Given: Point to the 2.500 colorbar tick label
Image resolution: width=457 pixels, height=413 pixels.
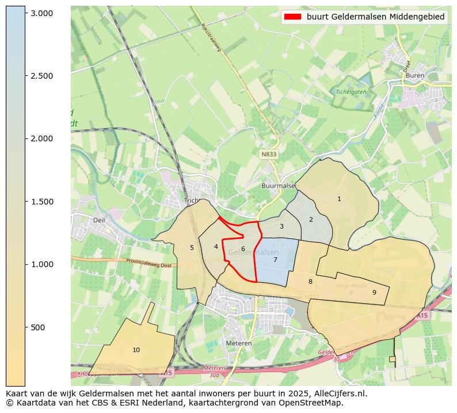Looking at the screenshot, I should click(x=41, y=76).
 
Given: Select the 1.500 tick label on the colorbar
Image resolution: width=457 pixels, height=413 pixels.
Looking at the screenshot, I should click(x=41, y=202).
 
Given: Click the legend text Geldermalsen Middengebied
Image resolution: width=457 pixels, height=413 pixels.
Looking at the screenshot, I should click(x=375, y=17).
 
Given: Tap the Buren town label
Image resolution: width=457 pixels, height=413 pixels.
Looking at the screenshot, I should click(x=414, y=75).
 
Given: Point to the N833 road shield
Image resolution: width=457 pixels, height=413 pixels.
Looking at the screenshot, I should click(x=268, y=155).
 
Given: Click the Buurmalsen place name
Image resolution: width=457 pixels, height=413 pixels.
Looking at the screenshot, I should click(x=278, y=186).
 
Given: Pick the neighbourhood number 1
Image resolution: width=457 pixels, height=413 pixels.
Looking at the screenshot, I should click(x=339, y=199).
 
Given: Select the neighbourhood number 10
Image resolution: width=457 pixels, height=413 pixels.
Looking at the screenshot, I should click(x=136, y=350).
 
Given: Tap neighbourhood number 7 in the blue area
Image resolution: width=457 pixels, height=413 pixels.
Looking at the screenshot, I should click(x=275, y=260).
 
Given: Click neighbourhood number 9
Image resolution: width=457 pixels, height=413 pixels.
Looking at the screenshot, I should click(x=374, y=292).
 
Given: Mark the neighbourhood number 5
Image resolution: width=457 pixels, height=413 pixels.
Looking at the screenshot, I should click(x=192, y=248).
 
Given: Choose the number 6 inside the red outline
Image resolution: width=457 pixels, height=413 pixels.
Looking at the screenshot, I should click(x=243, y=249).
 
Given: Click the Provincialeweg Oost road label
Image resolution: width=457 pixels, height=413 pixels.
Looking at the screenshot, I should click(x=150, y=262).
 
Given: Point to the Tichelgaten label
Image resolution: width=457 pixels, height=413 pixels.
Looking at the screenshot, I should click(x=351, y=92).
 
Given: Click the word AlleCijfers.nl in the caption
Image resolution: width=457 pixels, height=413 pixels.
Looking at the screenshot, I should click(x=335, y=394).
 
